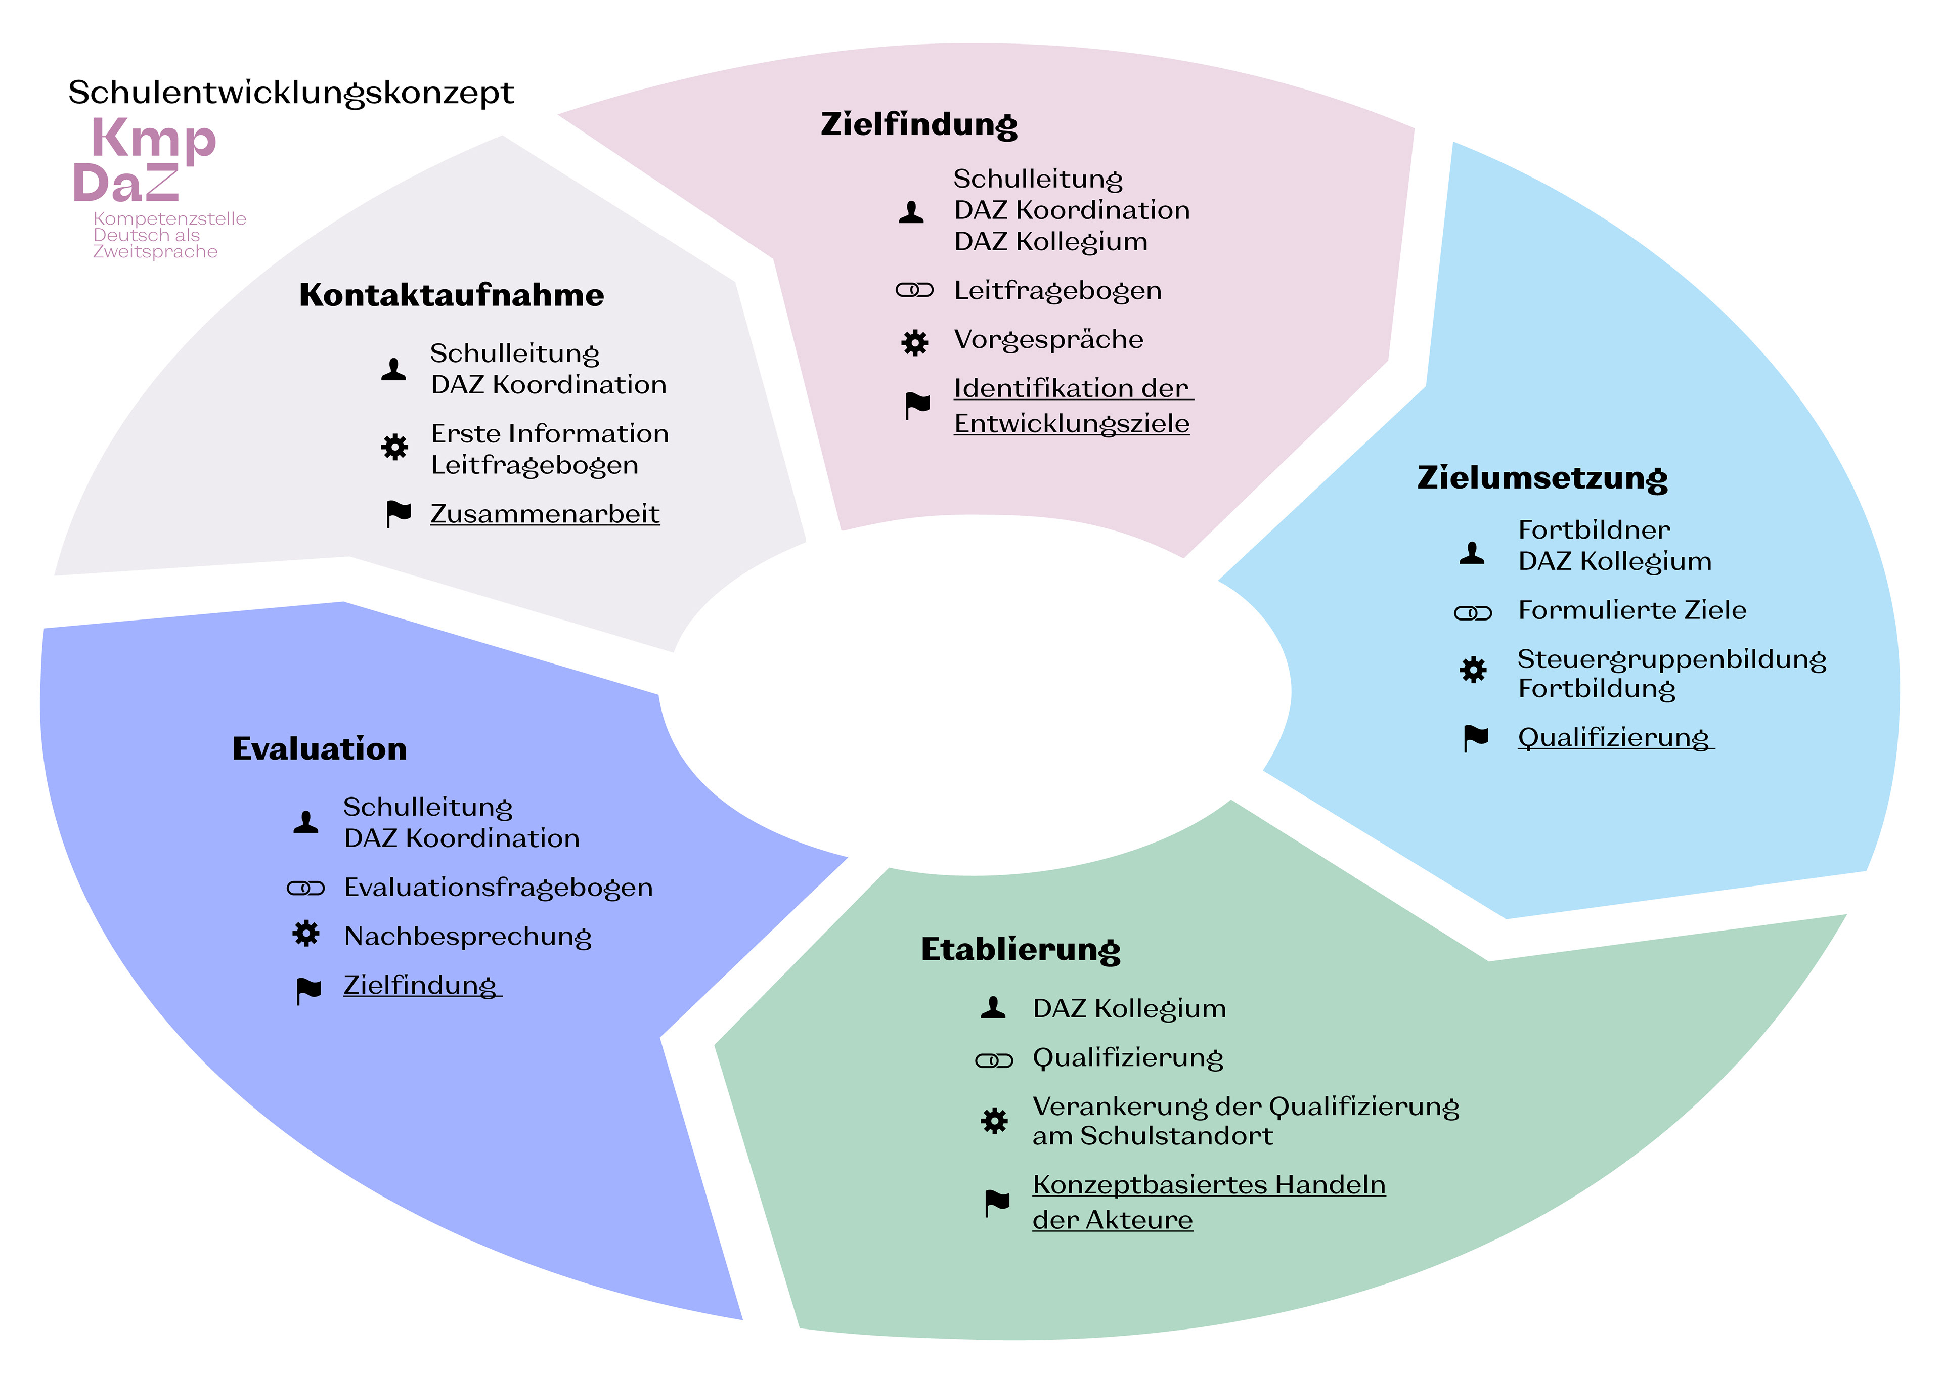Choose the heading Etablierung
[x=1020, y=949]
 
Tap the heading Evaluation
[x=319, y=748]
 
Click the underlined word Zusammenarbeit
[x=545, y=513]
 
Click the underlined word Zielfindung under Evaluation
[x=420, y=985]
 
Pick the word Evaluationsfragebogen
[x=498, y=888]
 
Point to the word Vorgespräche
[x=1048, y=339]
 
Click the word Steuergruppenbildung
[x=1671, y=659]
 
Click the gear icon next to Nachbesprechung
[x=306, y=934]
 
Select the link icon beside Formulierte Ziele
[x=1473, y=612]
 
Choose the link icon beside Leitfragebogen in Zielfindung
[x=913, y=291]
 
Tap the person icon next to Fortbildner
[x=1472, y=552]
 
